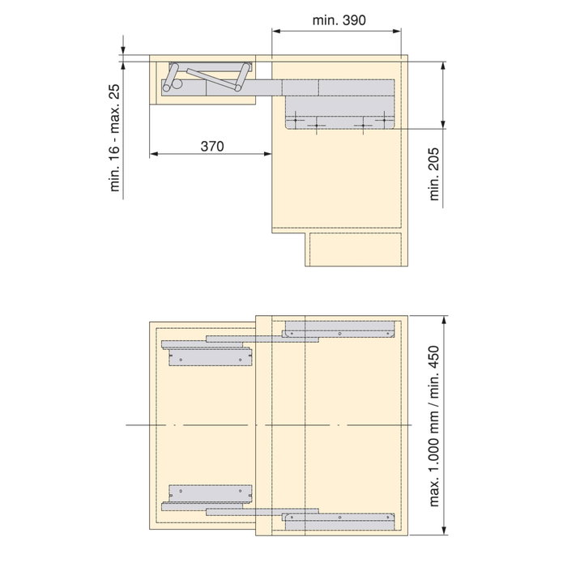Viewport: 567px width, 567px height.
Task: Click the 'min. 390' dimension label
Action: [x=336, y=19]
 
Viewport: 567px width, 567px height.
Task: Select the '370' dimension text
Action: [x=211, y=146]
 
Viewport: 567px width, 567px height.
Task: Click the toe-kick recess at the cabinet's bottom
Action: [x=356, y=250]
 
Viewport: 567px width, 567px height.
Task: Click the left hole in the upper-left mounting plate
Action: [x=182, y=355]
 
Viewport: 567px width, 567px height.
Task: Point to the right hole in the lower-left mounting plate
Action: [x=241, y=492]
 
